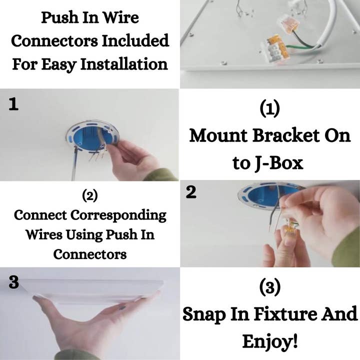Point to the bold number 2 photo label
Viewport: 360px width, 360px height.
pyautogui.click(x=191, y=192)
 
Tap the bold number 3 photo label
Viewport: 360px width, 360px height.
pyautogui.click(x=14, y=282)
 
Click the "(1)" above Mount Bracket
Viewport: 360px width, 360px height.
pyautogui.click(x=270, y=109)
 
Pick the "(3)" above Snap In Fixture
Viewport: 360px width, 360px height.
pyautogui.click(x=270, y=287)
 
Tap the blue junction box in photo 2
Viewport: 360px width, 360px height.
pyautogui.click(x=265, y=196)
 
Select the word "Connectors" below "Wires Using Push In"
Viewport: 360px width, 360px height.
pyautogui.click(x=90, y=254)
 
